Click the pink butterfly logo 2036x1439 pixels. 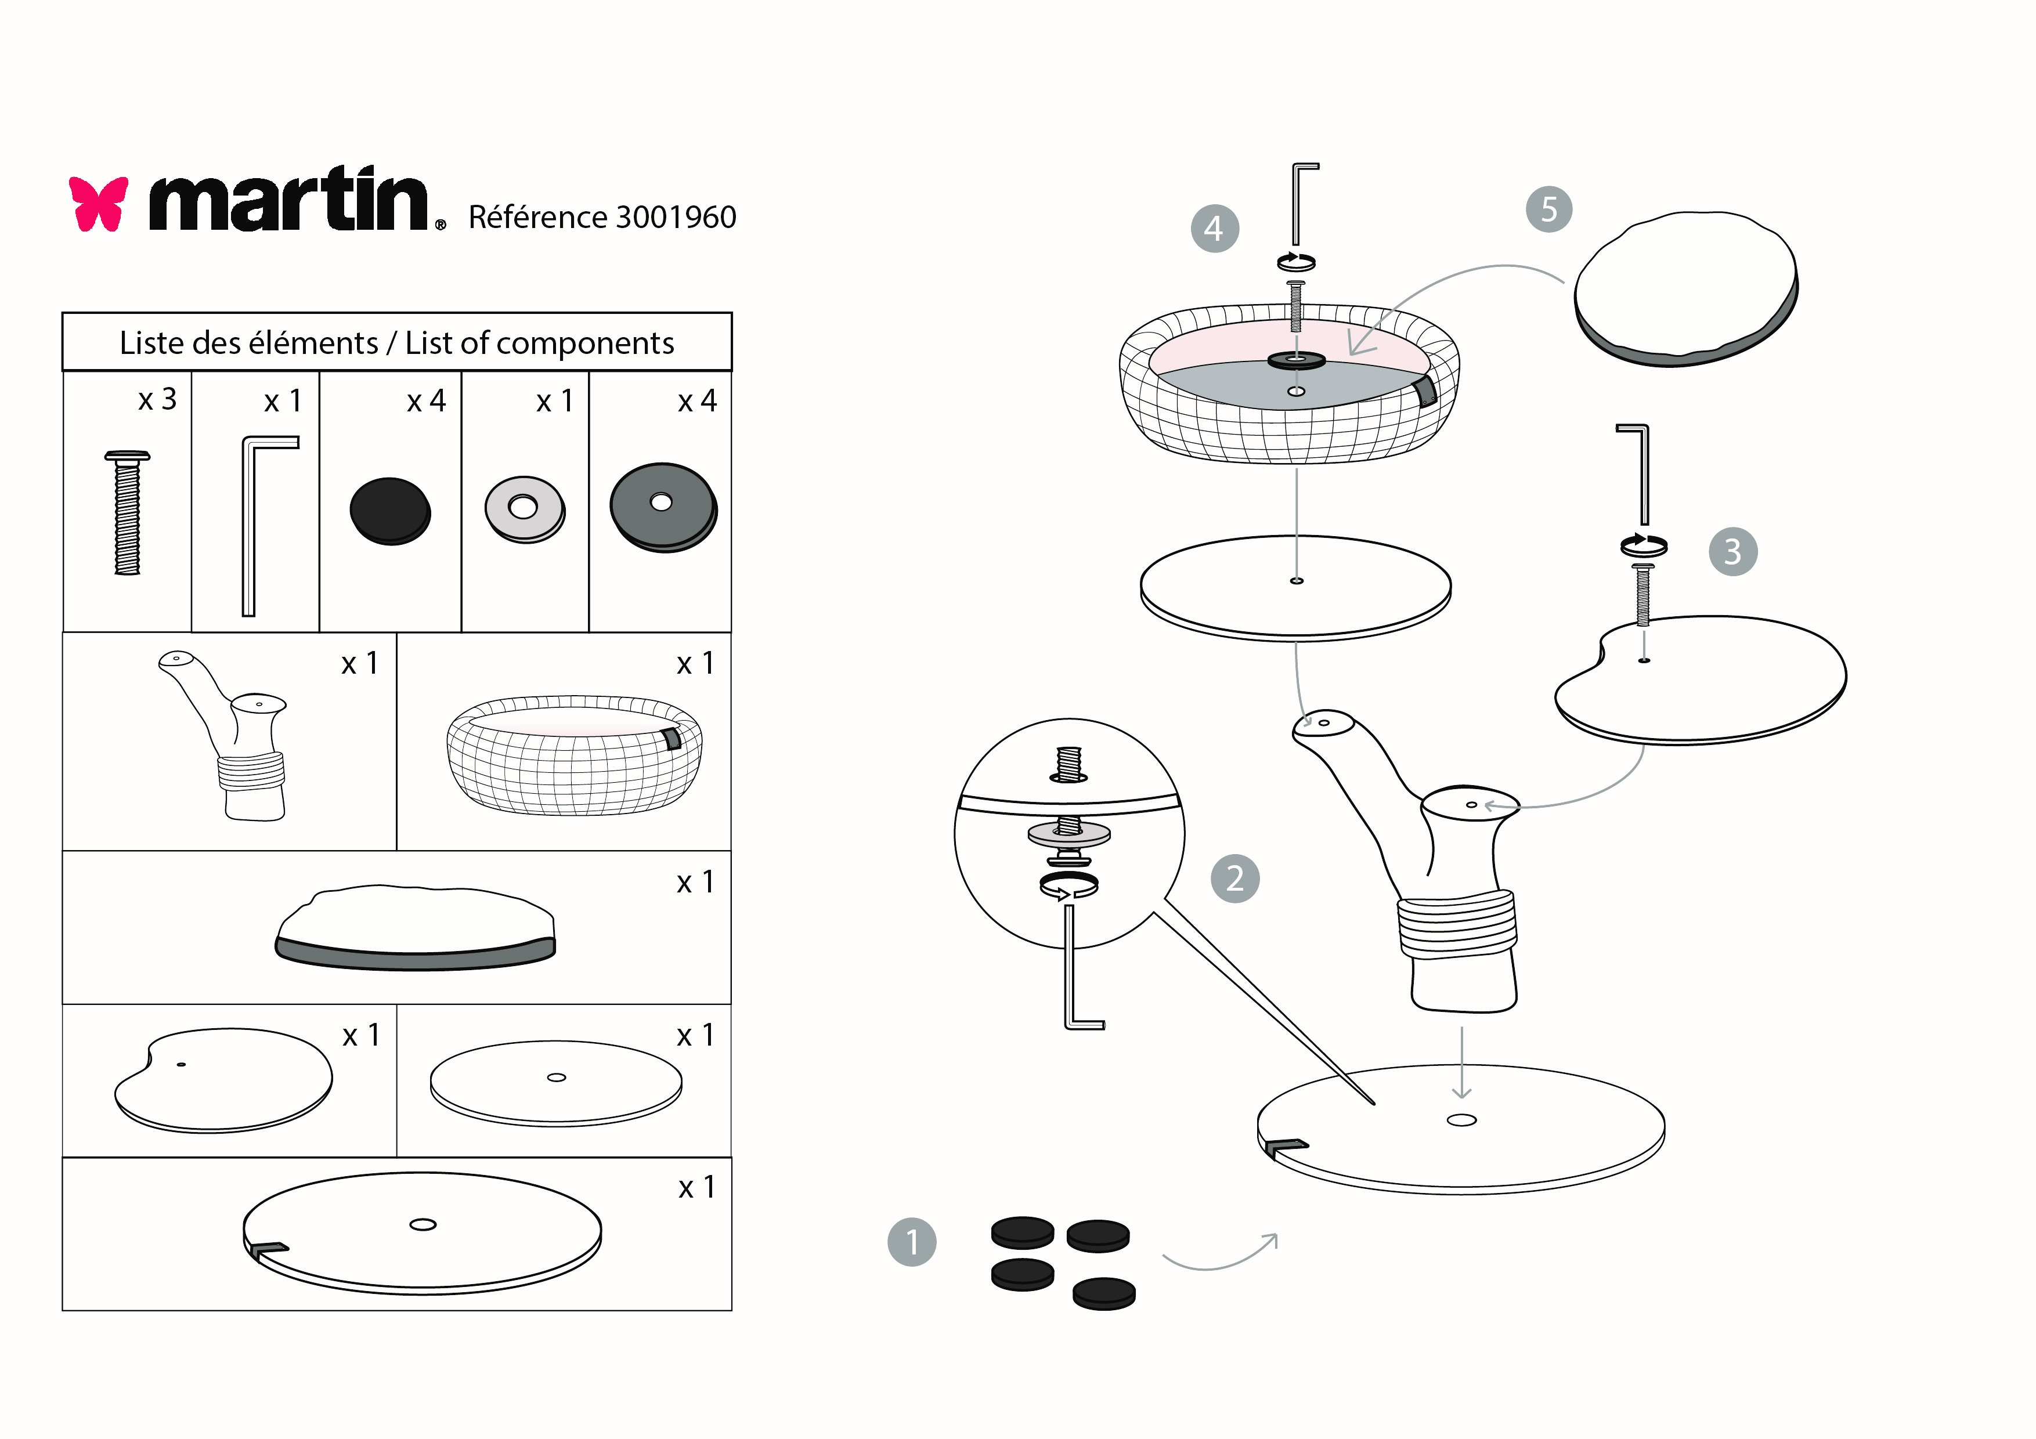pos(99,203)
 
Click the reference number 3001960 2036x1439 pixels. pos(676,217)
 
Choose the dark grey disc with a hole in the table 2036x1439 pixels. pos(663,507)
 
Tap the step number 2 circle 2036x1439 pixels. pos(1235,878)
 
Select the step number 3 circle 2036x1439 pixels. pos(1732,551)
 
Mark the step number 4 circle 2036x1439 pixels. pos(1215,229)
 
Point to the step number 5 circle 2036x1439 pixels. pos(1548,209)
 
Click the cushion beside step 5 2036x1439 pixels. pos(1685,288)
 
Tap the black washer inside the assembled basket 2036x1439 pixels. pos(1297,360)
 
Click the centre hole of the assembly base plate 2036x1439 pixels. pos(1461,1120)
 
